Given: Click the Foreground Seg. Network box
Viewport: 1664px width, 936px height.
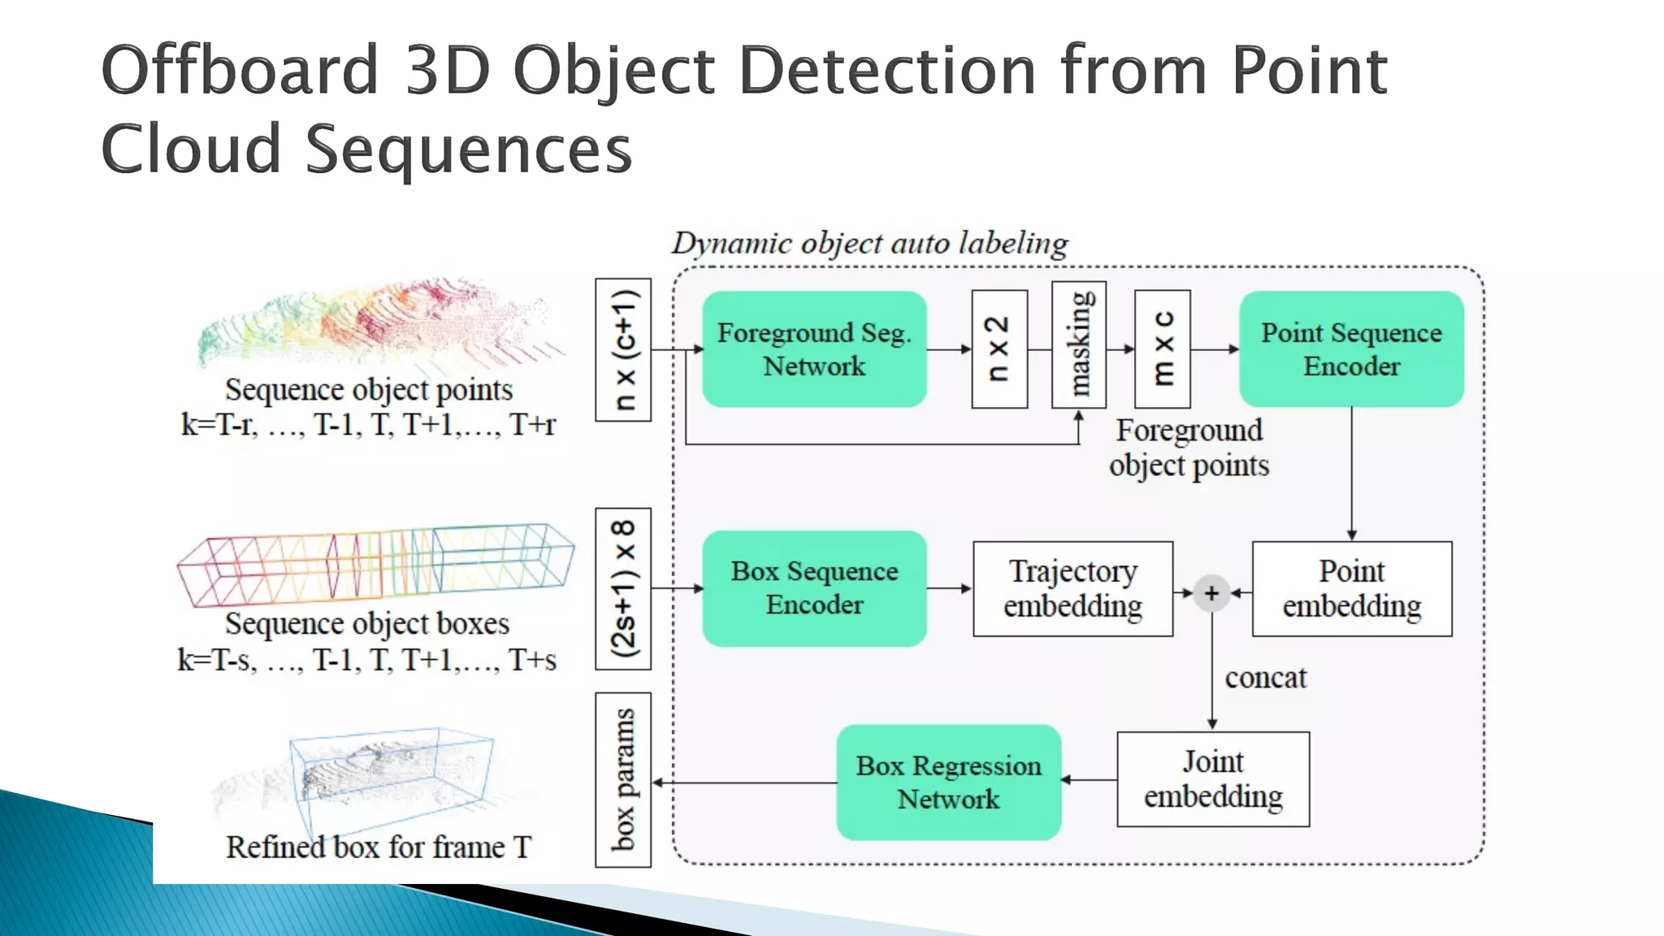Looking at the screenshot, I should [x=814, y=349].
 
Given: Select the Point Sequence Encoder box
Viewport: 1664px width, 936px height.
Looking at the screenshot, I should [x=1351, y=349].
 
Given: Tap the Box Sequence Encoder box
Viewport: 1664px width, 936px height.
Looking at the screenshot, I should [x=814, y=588].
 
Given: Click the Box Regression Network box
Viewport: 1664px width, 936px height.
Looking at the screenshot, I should [x=948, y=782].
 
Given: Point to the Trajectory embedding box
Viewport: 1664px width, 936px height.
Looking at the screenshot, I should [x=1072, y=588].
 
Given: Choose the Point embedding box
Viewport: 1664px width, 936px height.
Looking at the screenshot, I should [x=1351, y=588].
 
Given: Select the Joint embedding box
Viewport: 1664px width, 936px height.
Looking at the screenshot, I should [x=1212, y=779].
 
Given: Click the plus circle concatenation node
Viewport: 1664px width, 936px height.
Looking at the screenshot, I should [x=1211, y=593].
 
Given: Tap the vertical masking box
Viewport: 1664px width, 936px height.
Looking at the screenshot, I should [x=1079, y=344].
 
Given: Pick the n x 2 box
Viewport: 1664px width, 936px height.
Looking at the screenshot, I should [x=999, y=349].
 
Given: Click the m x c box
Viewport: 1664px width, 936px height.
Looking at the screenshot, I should [x=1163, y=349].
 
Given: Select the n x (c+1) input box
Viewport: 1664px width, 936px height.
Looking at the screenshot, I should [x=623, y=349].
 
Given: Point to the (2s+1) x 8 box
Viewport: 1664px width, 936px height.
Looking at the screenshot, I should [x=623, y=588].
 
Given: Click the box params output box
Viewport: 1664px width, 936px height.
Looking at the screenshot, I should [x=623, y=779].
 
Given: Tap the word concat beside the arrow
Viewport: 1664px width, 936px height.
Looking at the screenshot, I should [x=1265, y=678].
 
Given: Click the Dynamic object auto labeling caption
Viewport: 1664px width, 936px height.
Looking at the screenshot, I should [x=869, y=243].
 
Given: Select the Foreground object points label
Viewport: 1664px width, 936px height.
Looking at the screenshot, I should [x=1189, y=448].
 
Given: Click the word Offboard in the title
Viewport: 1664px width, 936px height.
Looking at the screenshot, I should [x=240, y=71].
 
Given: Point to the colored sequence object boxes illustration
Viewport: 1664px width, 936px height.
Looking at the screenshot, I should [x=375, y=565].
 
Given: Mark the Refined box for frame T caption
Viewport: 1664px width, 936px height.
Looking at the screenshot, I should [x=378, y=847].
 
